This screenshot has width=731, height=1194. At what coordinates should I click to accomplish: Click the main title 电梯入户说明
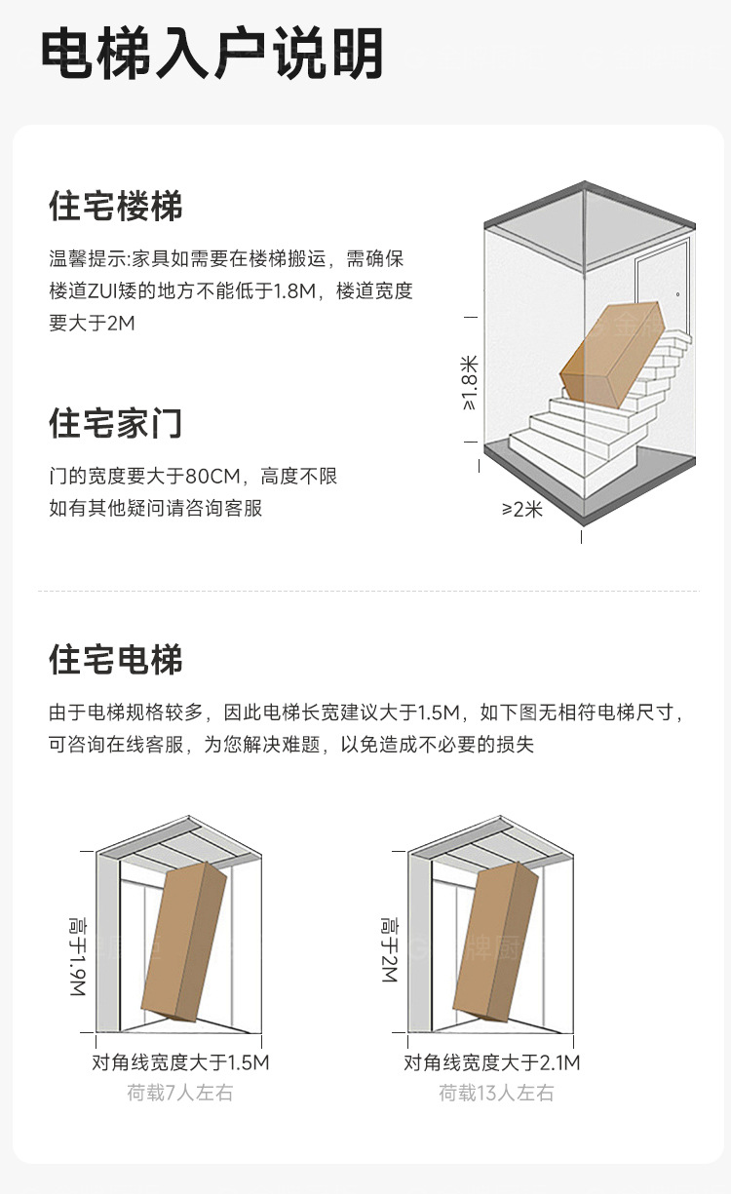point(212,55)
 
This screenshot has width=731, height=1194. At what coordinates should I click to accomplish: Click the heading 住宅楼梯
point(116,207)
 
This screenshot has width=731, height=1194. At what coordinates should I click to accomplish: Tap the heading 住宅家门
point(116,424)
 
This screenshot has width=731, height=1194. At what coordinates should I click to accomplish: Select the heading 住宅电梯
point(116,660)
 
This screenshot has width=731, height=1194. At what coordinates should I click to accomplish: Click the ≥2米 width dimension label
point(522,509)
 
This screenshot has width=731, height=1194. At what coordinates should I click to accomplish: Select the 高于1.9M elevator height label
point(77,955)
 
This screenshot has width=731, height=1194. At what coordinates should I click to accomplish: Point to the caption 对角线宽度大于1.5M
point(180,1062)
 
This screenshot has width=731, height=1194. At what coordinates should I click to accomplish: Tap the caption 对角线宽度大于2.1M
point(492,1062)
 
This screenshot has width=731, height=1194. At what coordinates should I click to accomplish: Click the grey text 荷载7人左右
point(180,1093)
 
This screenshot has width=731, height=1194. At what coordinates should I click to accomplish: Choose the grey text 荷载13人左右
point(496,1093)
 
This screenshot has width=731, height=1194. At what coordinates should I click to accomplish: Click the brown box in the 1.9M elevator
point(183,941)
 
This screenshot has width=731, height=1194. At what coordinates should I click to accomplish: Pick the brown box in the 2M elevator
point(495,941)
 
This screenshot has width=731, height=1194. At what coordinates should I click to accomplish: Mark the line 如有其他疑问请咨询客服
point(156,508)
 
